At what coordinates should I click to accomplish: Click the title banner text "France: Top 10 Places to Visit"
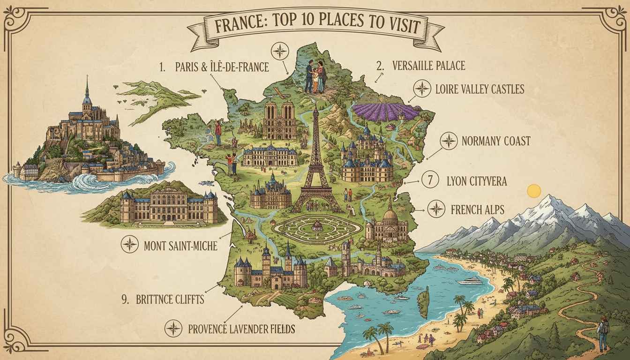pos(315,27)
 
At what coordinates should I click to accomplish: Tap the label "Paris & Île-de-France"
pos(222,67)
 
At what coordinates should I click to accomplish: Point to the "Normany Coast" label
pos(495,140)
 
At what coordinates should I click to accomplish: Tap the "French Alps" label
pos(477,209)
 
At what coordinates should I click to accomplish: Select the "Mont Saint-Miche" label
pos(180,244)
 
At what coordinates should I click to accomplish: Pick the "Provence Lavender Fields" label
pos(241,329)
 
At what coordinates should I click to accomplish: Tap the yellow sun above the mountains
pos(534,191)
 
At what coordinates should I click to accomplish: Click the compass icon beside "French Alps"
pos(436,209)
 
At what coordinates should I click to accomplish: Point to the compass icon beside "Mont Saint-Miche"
pos(129,244)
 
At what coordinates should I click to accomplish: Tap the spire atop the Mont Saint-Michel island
pos(87,89)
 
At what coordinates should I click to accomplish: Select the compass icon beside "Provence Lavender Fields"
pos(173,329)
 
